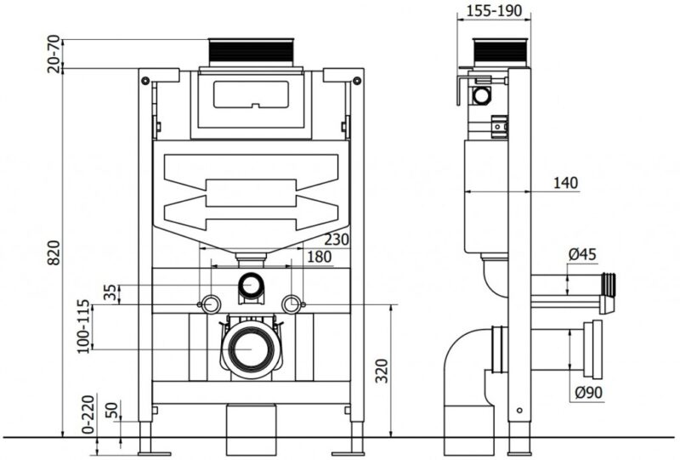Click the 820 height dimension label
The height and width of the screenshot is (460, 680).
pyautogui.click(x=54, y=253)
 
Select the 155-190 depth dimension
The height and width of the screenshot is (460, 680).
pyautogui.click(x=494, y=10)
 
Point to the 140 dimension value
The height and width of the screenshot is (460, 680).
pyautogui.click(x=565, y=183)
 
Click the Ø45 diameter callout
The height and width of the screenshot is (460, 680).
pyautogui.click(x=582, y=254)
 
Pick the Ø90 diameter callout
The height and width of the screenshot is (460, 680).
pyautogui.click(x=589, y=393)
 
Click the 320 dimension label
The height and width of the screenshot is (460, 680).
pyautogui.click(x=382, y=370)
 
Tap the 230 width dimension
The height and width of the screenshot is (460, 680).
pyautogui.click(x=337, y=239)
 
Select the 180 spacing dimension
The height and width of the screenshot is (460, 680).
pyautogui.click(x=320, y=257)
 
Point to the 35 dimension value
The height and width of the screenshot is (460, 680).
pyautogui.click(x=110, y=292)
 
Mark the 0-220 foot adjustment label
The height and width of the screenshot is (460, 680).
pyautogui.click(x=88, y=414)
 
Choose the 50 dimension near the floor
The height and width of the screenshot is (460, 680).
pyautogui.click(x=112, y=411)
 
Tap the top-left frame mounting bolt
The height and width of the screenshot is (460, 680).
pyautogui.click(x=145, y=80)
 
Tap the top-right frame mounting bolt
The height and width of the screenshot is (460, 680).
pyautogui.click(x=357, y=80)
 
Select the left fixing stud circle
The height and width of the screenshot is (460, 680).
pyautogui.click(x=212, y=304)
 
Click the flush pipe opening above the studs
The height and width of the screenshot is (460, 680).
pyautogui.click(x=251, y=285)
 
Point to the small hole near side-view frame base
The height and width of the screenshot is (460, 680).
pyautogui.click(x=519, y=411)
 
